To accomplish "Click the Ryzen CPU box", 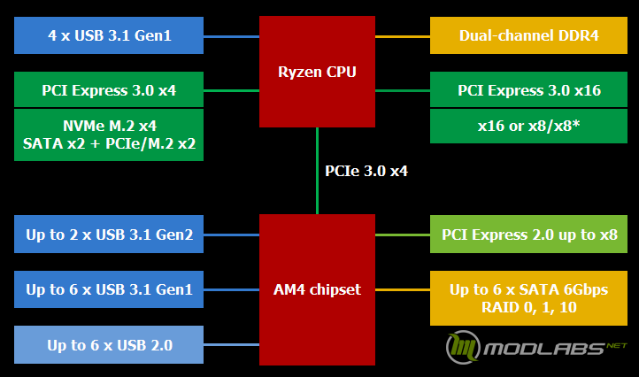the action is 317,72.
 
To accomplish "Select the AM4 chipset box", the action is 317,289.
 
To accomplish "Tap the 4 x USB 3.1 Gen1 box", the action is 109,35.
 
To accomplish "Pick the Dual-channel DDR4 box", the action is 528,35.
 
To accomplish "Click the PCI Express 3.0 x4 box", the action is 109,89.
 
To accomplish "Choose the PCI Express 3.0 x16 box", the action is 528,89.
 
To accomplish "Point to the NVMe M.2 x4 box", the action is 109,135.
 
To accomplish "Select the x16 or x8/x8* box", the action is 528,126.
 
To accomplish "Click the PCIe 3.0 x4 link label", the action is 366,171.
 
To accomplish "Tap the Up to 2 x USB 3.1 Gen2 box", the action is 109,235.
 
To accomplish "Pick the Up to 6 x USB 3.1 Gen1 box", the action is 109,289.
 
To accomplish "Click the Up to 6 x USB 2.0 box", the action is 109,345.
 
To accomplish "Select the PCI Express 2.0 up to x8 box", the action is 528,235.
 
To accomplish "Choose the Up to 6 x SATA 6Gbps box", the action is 528,298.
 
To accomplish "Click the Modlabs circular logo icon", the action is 463,347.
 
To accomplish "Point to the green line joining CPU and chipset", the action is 317,171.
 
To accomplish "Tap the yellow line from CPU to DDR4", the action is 403,36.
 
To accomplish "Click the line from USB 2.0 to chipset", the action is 232,345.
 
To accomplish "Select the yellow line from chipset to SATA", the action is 403,289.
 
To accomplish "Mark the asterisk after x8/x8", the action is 576,123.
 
